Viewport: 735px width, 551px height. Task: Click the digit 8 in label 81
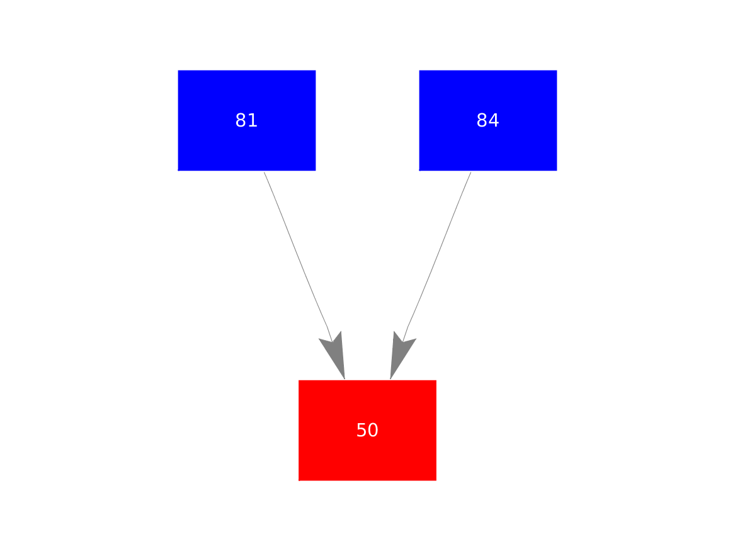coord(241,120)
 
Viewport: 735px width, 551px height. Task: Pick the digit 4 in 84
coord(494,120)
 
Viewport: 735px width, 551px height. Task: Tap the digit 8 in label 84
coord(482,120)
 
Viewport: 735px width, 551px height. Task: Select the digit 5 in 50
coord(362,431)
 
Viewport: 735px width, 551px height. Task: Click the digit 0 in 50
coord(373,431)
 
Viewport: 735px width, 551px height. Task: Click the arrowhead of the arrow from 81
coord(336,357)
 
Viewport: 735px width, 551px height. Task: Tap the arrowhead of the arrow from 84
coord(399,357)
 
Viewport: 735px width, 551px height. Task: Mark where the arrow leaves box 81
coord(264,171)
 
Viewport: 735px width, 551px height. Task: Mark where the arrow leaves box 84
coord(470,171)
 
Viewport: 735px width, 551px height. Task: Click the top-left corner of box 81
coord(178,71)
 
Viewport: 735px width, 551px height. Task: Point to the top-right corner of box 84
coord(557,71)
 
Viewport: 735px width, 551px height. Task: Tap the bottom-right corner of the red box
coord(436,480)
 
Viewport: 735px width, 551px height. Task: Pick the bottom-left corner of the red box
coord(299,480)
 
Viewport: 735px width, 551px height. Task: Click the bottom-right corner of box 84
coord(557,170)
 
